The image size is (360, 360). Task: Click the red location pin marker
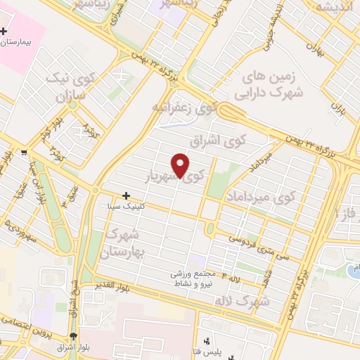click(x=181, y=165)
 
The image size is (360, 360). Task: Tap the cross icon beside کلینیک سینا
click(x=127, y=195)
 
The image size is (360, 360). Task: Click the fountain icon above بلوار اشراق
click(x=74, y=335)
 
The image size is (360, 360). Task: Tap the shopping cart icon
click(x=25, y=152)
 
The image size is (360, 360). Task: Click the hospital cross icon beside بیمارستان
click(x=5, y=32)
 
